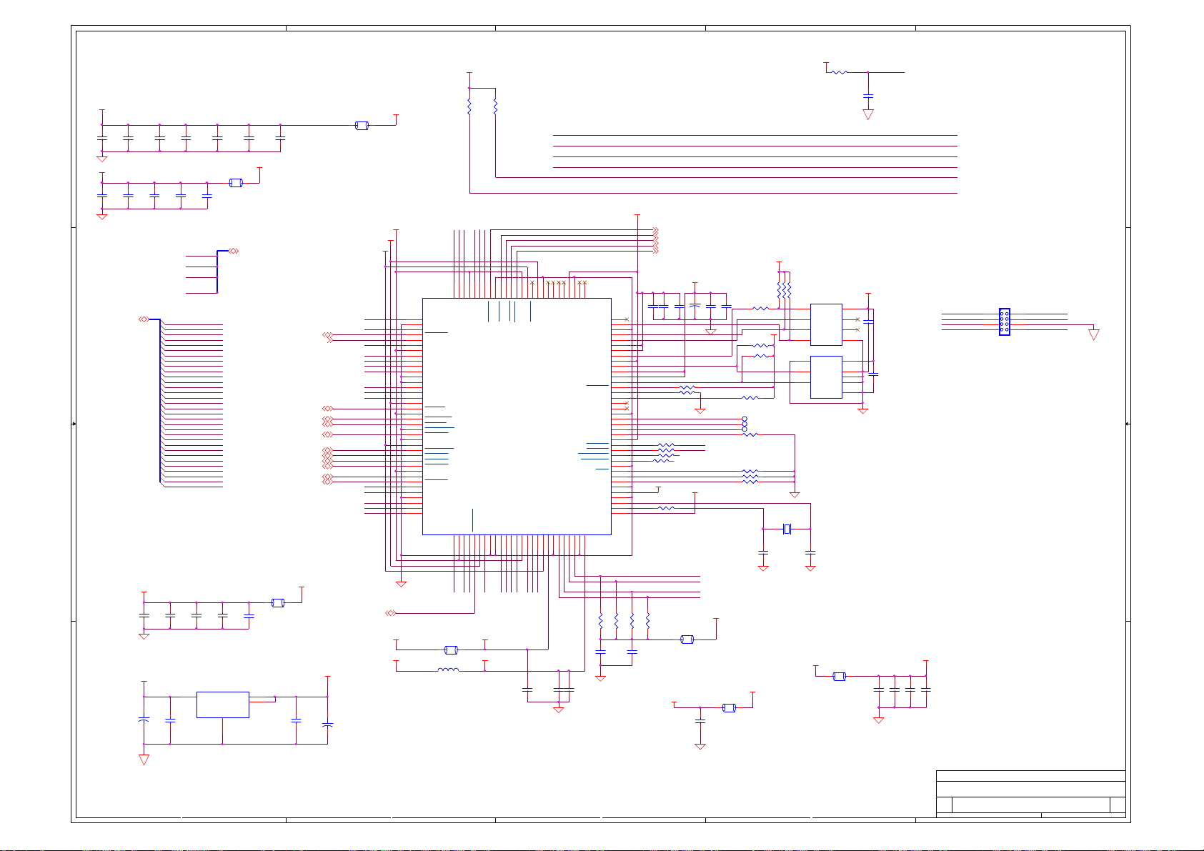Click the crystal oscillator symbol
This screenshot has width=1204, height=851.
pyautogui.click(x=787, y=529)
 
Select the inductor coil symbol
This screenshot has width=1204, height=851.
pyautogui.click(x=448, y=670)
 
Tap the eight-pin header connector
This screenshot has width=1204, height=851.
pyautogui.click(x=1004, y=322)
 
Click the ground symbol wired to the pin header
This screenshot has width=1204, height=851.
pyautogui.click(x=1093, y=334)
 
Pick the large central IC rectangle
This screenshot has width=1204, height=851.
pyautogui.click(x=517, y=416)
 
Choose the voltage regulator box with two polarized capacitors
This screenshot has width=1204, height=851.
pyautogui.click(x=222, y=704)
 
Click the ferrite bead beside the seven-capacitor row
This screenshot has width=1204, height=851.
pyautogui.click(x=362, y=126)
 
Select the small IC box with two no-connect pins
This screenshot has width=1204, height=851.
pyautogui.click(x=826, y=324)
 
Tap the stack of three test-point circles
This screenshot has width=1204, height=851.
pyautogui.click(x=745, y=424)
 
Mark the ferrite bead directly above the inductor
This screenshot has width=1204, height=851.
pyautogui.click(x=451, y=650)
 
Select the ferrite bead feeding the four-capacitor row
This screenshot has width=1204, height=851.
pyautogui.click(x=840, y=676)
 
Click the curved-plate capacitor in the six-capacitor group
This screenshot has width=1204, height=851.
pyautogui.click(x=695, y=307)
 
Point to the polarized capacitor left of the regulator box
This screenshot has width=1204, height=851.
pyautogui.click(x=144, y=720)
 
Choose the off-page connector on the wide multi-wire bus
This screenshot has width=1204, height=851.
pyautogui.click(x=144, y=319)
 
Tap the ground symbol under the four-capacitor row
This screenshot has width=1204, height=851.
pyautogui.click(x=879, y=719)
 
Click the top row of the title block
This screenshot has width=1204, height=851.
pyautogui.click(x=1030, y=776)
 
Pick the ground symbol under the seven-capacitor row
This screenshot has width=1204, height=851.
pyautogui.click(x=102, y=158)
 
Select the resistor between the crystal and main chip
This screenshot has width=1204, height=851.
pyautogui.click(x=666, y=508)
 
